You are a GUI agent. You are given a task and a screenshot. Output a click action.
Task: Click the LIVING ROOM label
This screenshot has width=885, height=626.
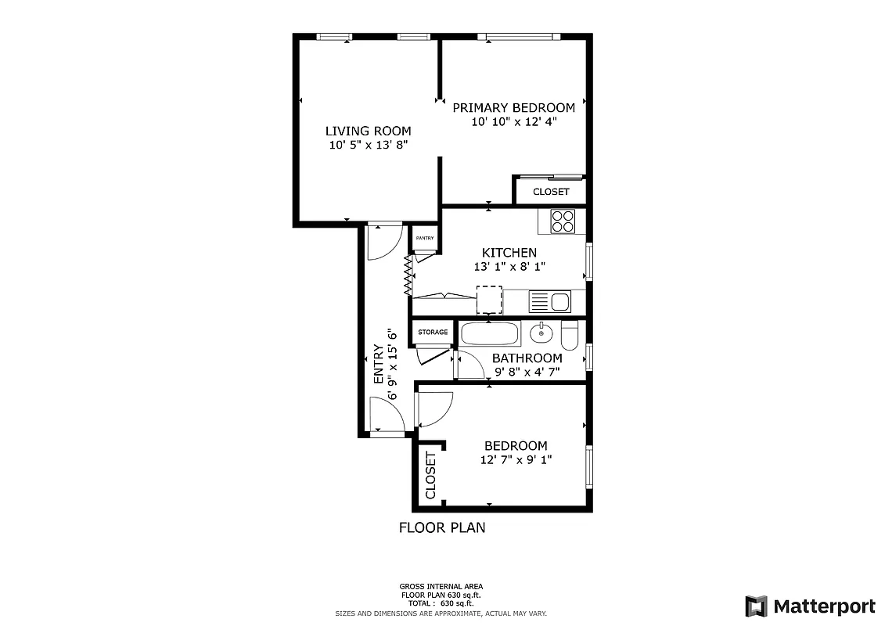[368, 131]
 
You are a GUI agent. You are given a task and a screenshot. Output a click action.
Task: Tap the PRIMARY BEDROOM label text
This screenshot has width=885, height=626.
[513, 108]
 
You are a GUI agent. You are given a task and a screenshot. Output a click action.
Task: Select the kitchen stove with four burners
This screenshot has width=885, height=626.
[563, 221]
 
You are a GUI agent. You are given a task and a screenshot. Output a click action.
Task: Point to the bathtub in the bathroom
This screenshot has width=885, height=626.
[490, 334]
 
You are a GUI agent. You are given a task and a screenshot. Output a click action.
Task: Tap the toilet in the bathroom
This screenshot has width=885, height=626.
[570, 335]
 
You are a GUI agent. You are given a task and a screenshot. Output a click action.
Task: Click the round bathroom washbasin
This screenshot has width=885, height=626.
[541, 334]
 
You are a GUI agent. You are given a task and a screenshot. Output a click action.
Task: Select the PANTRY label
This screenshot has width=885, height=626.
[425, 239]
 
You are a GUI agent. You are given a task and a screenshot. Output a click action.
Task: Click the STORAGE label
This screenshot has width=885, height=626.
[433, 333]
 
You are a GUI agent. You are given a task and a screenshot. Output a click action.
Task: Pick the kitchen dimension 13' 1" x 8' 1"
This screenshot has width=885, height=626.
[509, 267]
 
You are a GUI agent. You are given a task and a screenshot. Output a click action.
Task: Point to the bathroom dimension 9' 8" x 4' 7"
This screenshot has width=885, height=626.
[527, 372]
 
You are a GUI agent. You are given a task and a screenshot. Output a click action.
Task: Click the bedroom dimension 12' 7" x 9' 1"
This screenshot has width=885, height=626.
[516, 460]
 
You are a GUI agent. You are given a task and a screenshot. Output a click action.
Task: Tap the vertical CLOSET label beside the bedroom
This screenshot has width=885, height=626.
[430, 476]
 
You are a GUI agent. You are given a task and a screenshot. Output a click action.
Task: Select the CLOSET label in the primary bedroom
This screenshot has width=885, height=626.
[552, 192]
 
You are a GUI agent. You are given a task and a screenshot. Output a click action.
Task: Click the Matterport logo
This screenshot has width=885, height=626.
[810, 606]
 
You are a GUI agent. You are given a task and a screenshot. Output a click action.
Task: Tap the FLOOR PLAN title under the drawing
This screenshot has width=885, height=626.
[442, 527]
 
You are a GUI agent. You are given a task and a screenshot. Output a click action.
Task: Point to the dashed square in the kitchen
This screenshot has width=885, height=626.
[490, 300]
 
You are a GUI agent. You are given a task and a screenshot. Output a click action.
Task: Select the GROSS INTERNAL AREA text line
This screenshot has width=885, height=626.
[441, 586]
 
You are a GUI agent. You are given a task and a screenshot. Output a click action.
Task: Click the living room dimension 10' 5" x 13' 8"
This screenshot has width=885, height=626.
[368, 146]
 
